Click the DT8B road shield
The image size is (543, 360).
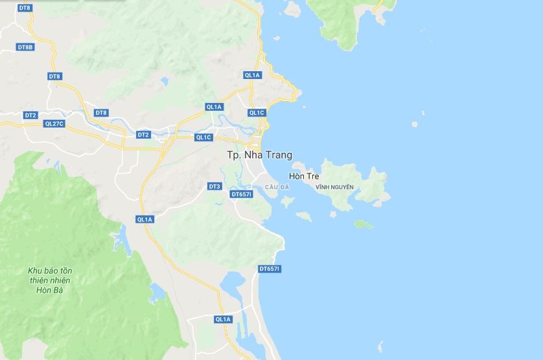coord(25,47)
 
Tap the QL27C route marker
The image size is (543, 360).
coord(54,123)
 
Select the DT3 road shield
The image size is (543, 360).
coord(214,186)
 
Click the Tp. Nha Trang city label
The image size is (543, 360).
coord(259,155)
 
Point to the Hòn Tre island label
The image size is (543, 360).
coord(304,176)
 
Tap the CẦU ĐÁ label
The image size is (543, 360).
coord(277,187)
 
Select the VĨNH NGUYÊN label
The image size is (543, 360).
coord(334,187)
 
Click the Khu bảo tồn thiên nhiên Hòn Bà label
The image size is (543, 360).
coord(49,280)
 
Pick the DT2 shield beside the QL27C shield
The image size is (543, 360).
coord(30,115)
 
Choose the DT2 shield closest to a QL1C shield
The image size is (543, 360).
coord(143,135)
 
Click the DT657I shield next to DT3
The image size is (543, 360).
coord(241,194)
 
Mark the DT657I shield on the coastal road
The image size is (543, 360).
coord(269,269)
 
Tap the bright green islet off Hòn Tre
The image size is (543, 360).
coord(364,225)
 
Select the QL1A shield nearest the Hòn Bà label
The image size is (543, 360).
coord(144,219)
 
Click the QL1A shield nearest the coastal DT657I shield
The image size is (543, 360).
coord(222,319)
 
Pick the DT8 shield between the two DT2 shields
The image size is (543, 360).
coord(101,113)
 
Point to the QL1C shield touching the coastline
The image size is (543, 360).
coord(257,113)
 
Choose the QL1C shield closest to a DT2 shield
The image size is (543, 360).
coord(203,137)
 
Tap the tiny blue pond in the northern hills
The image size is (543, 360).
coord(165,82)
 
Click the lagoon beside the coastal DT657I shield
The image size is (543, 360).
coord(233,282)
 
